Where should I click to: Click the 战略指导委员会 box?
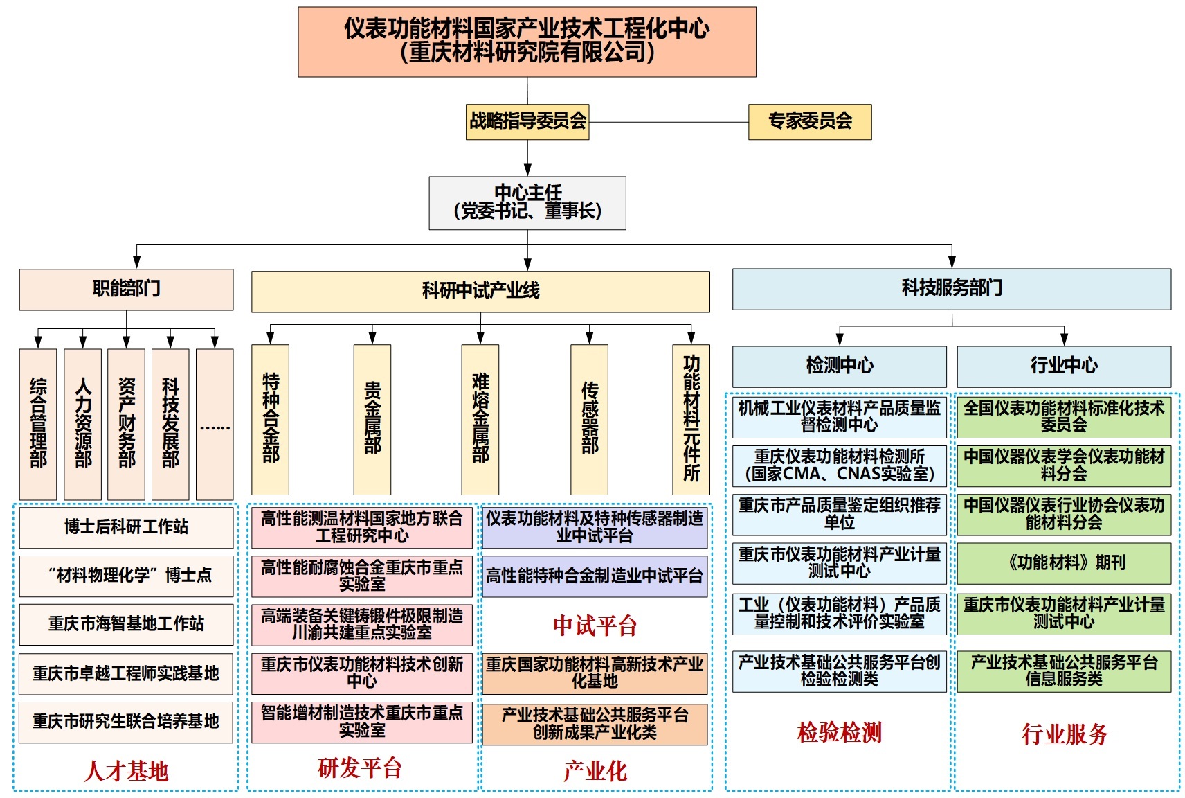527,122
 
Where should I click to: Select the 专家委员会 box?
809,122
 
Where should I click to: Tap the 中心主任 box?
527,203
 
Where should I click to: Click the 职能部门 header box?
126,289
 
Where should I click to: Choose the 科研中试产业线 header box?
480,291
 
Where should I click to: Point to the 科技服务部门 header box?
952,289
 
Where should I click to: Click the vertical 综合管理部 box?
38,423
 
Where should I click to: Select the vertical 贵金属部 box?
372,419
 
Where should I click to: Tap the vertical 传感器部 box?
589,419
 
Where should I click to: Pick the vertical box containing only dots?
215,423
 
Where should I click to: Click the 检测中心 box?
839,366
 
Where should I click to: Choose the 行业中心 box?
1064,366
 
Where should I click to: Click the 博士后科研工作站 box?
126,527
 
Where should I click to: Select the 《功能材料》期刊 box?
1064,562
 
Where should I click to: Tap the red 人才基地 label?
126,771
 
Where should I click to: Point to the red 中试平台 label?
595,626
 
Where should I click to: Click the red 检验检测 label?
839,732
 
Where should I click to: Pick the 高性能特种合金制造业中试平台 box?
595,576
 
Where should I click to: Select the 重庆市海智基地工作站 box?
126,624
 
